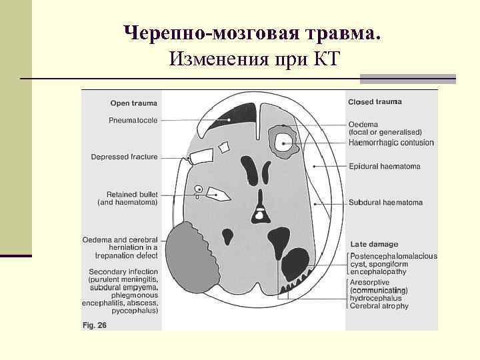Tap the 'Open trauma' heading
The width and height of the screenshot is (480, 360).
133,103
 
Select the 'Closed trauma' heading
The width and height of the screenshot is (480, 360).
375,102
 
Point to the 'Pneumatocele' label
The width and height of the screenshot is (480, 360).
133,121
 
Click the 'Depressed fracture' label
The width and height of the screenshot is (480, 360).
124,157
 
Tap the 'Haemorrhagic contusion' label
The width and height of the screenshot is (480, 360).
391,142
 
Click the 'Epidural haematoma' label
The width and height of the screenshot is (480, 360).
385,166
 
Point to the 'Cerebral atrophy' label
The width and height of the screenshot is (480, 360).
379,306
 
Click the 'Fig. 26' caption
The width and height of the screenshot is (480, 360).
93,325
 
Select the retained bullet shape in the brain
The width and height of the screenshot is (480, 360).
217,194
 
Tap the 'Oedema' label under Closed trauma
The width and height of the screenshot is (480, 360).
363,124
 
